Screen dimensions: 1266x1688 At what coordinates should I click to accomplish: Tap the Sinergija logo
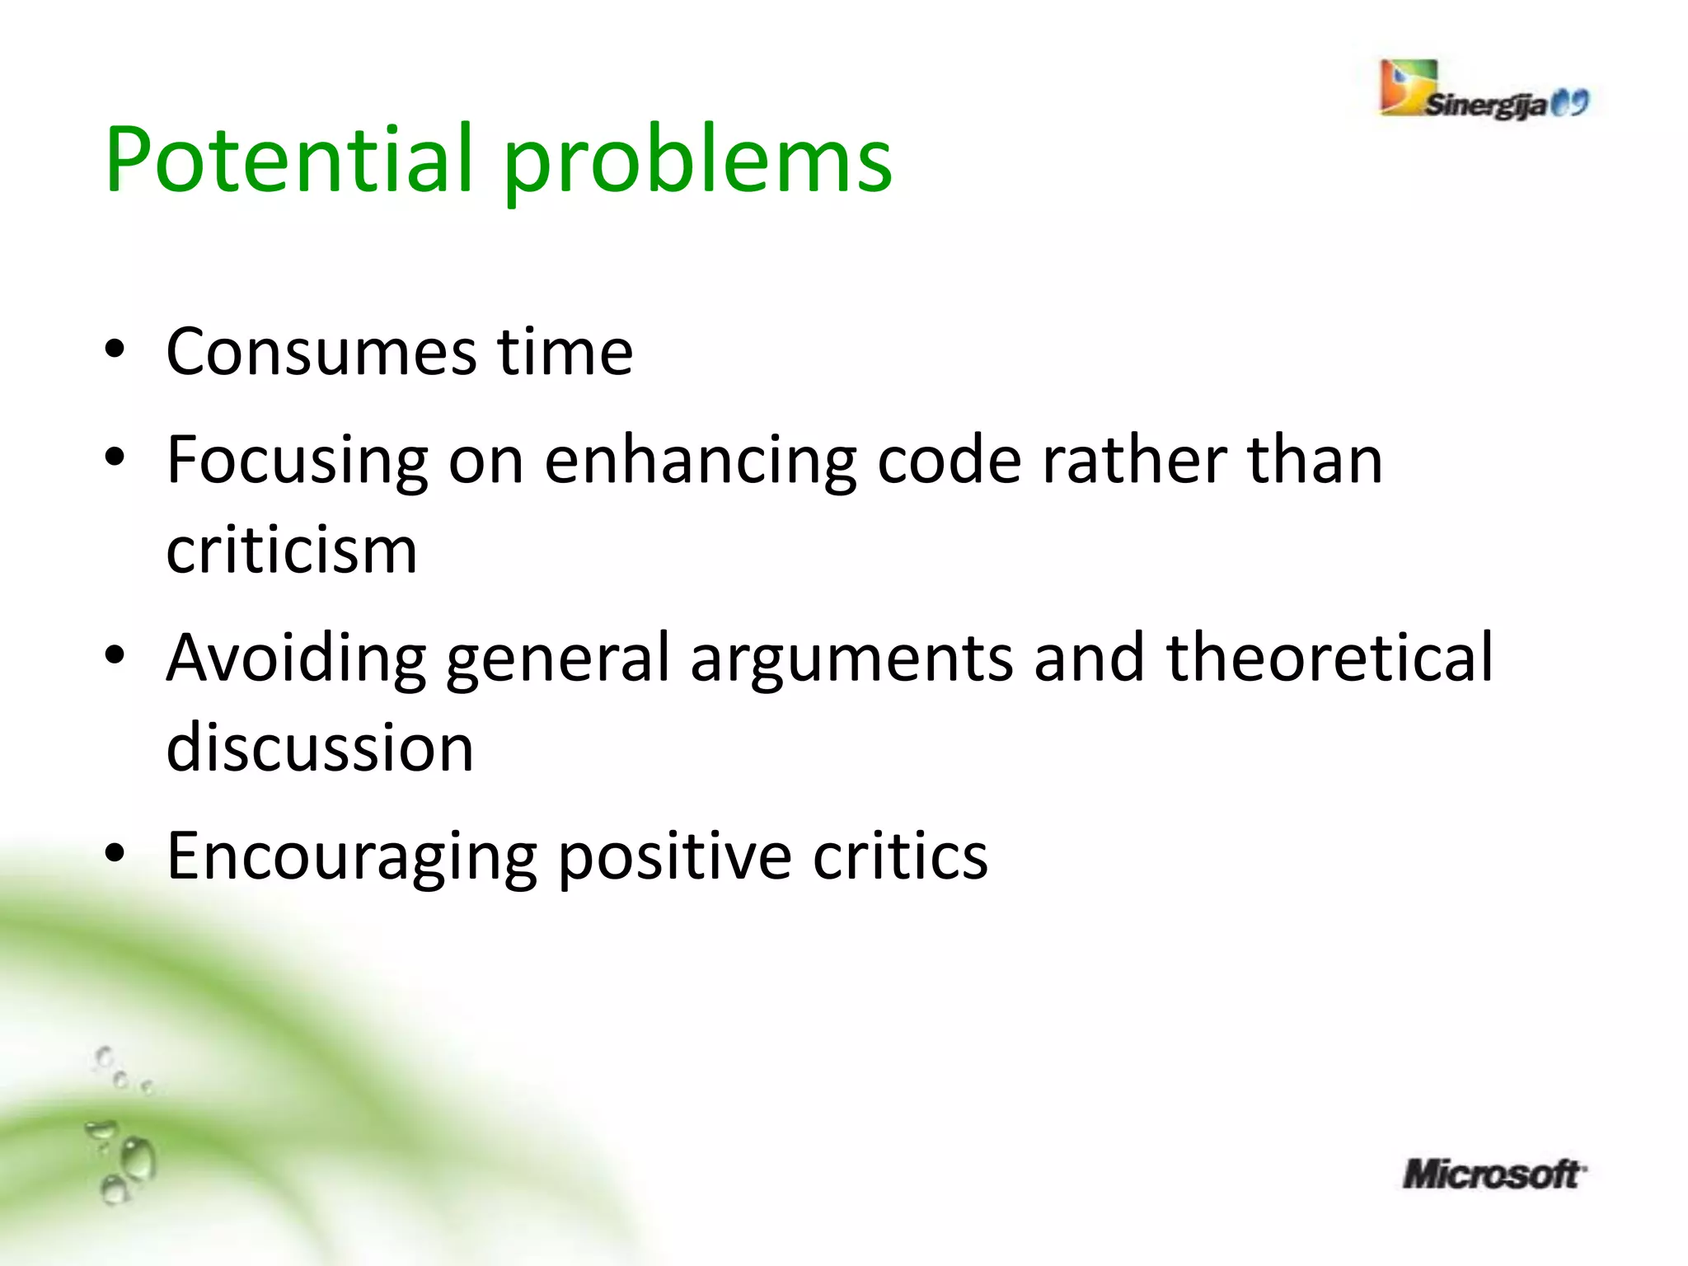pyautogui.click(x=1484, y=91)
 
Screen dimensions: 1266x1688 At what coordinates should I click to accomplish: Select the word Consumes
pyautogui.click(x=321, y=352)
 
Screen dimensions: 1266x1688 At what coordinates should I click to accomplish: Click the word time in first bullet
pyautogui.click(x=565, y=352)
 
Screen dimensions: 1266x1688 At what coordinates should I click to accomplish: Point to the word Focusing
pyautogui.click(x=297, y=462)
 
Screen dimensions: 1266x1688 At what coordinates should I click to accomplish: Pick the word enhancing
pyautogui.click(x=701, y=462)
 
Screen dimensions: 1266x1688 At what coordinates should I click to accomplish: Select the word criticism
pyautogui.click(x=292, y=551)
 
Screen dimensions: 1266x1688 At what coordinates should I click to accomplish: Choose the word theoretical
pyautogui.click(x=1329, y=658)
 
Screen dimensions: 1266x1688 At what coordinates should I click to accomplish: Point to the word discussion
pyautogui.click(x=320, y=748)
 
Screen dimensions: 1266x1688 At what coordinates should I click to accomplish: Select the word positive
pyautogui.click(x=675, y=857)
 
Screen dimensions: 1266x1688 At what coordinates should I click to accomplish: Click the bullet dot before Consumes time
pyautogui.click(x=115, y=349)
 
